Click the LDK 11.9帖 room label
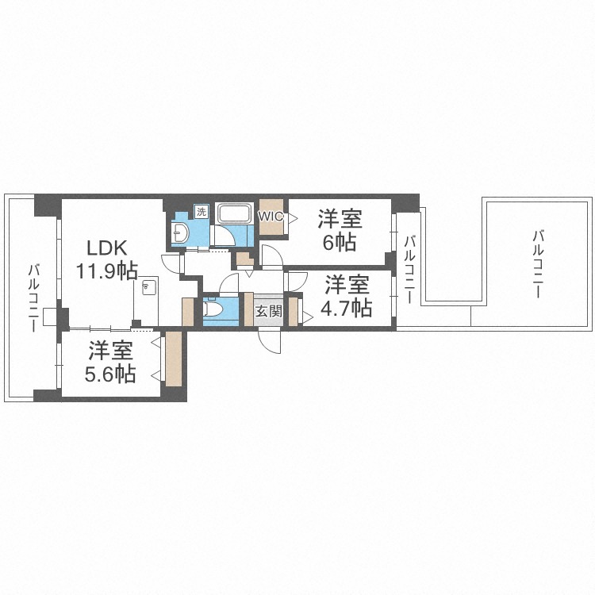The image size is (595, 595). click(x=107, y=259)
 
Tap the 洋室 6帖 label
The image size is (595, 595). click(x=340, y=230)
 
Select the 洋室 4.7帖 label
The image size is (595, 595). click(x=347, y=297)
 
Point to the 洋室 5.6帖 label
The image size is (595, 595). click(x=110, y=363)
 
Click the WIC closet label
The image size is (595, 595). click(x=271, y=217)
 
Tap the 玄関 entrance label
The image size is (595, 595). click(x=269, y=312)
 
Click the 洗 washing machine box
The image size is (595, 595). click(x=202, y=211)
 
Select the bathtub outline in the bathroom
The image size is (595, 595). click(x=234, y=213)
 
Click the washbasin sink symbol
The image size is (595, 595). click(x=180, y=232)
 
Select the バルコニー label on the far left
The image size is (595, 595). click(x=33, y=299)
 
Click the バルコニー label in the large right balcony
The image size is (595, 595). click(x=538, y=263)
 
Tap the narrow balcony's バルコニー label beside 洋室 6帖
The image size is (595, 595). click(x=409, y=270)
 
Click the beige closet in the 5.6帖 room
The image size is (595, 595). click(x=174, y=359)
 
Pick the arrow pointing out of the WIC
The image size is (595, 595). click(x=293, y=218)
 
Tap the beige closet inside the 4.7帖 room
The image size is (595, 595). click(x=293, y=312)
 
